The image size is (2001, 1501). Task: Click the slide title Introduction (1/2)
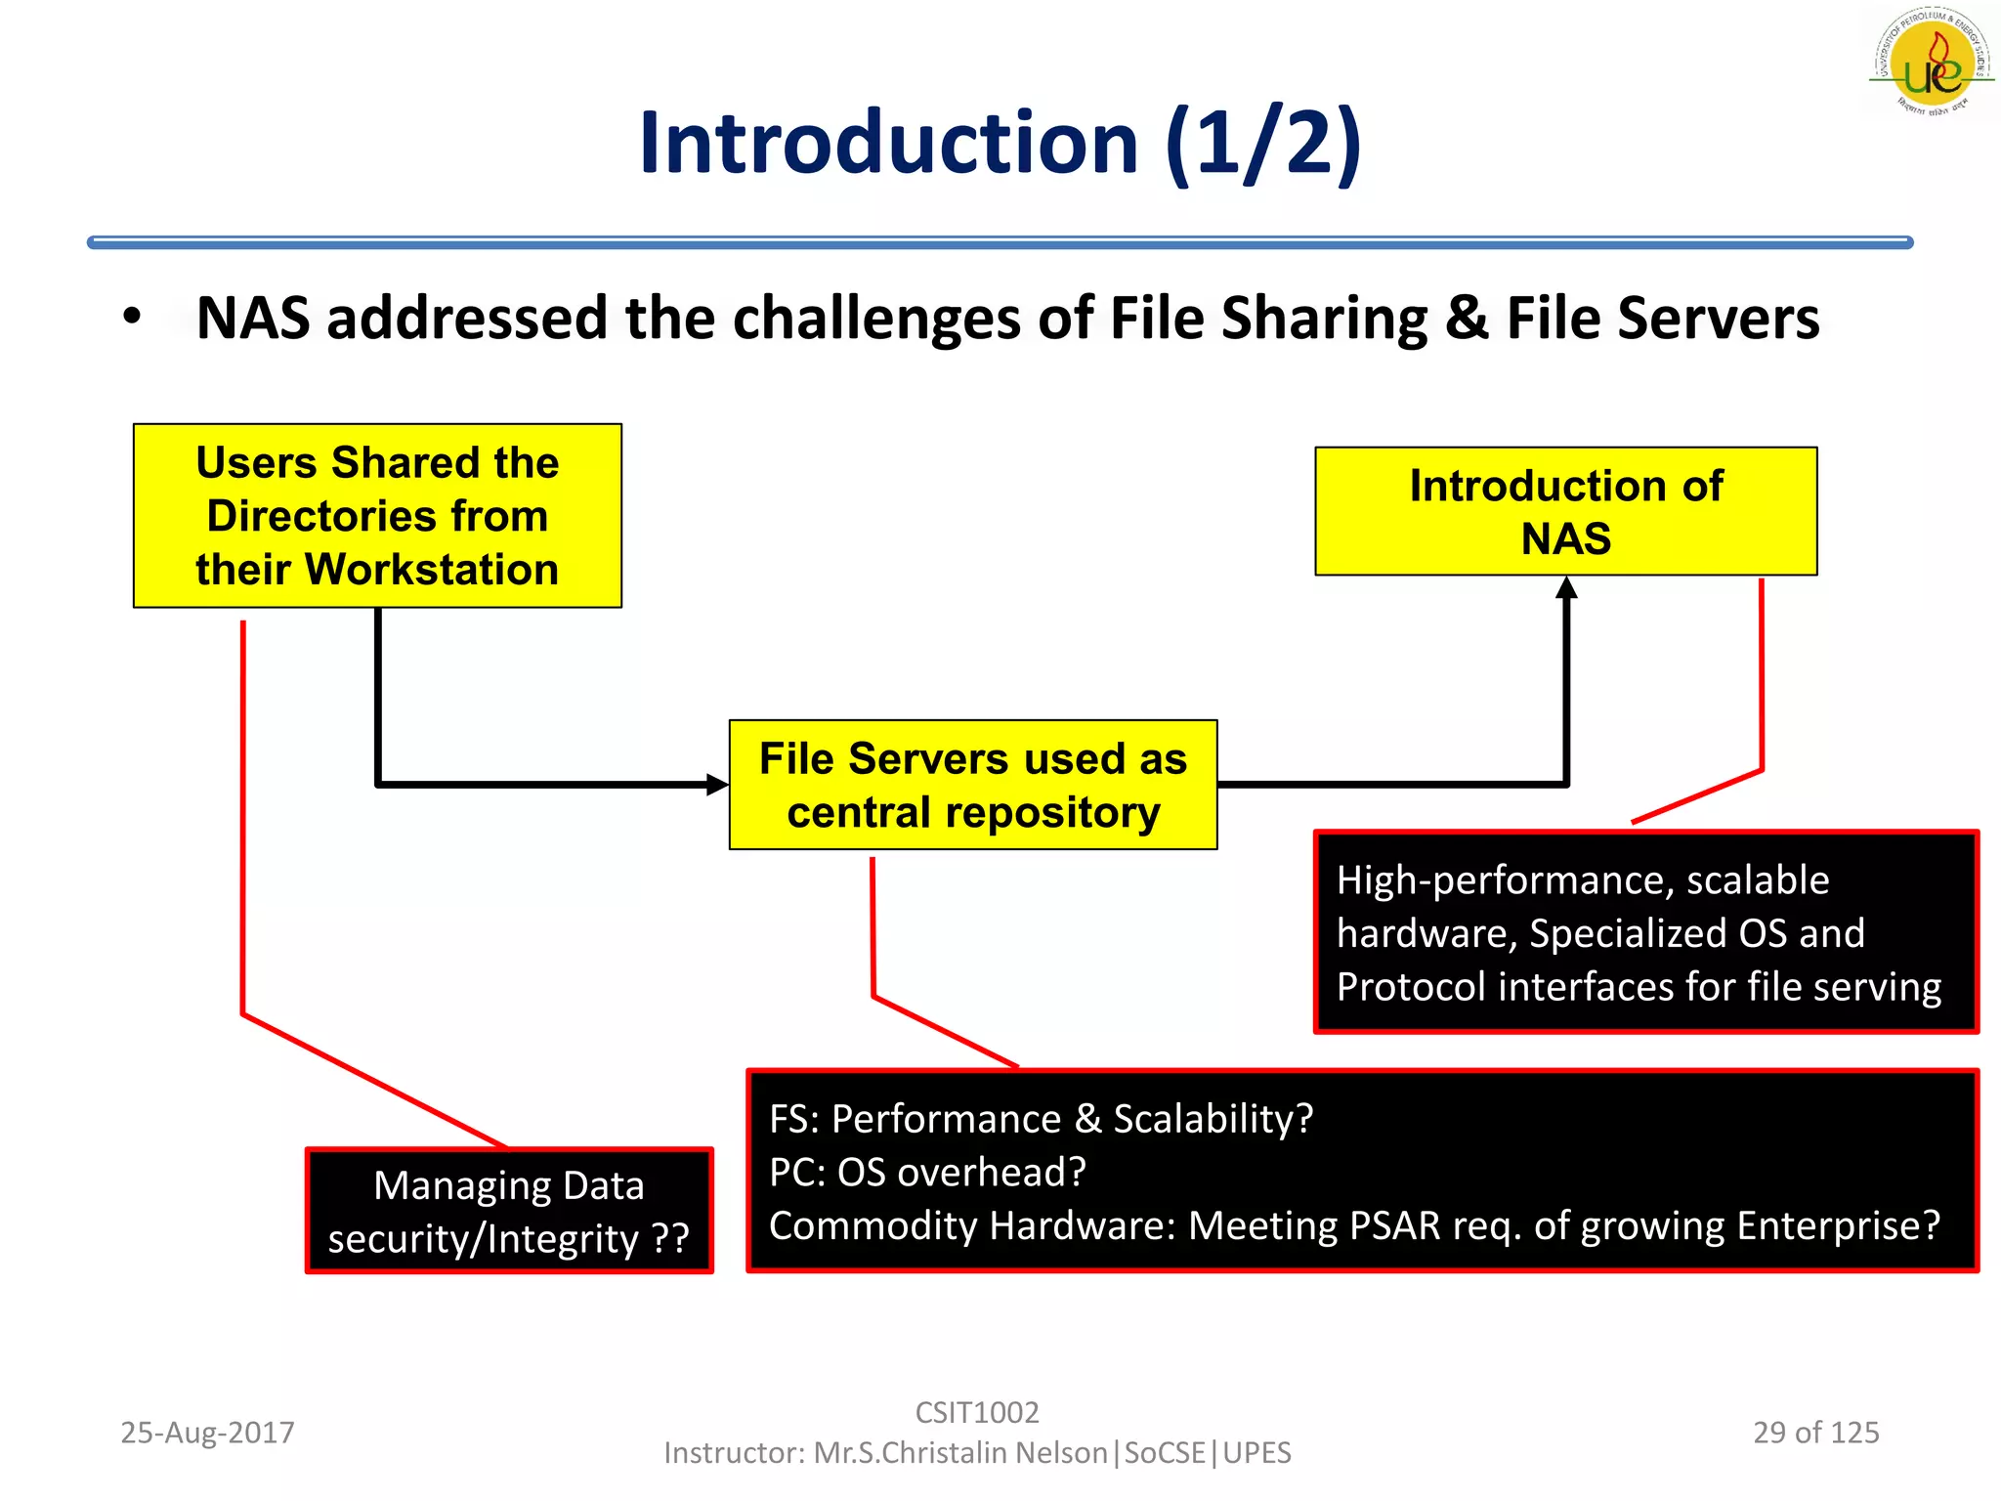point(1000,144)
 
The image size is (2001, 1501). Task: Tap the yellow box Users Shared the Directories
point(377,515)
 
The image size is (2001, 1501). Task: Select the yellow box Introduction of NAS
point(1565,511)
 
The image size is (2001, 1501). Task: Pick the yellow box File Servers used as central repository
point(973,785)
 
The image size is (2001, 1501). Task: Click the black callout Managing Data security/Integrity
point(509,1211)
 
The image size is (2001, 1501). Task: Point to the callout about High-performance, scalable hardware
point(1645,932)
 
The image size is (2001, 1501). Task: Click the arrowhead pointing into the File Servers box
point(717,784)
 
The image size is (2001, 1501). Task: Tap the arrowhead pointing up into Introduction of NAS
point(1566,587)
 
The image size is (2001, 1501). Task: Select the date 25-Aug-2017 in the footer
point(207,1433)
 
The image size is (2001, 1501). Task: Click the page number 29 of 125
point(1815,1433)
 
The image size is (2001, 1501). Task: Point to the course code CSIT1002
point(977,1412)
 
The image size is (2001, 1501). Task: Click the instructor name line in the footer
point(977,1453)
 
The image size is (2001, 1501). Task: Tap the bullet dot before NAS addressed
point(133,317)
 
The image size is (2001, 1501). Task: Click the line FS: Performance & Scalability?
point(1041,1119)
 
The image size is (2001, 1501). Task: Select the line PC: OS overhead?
point(927,1172)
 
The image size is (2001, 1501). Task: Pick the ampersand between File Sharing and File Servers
point(1467,319)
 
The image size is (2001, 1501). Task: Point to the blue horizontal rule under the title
point(1000,242)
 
